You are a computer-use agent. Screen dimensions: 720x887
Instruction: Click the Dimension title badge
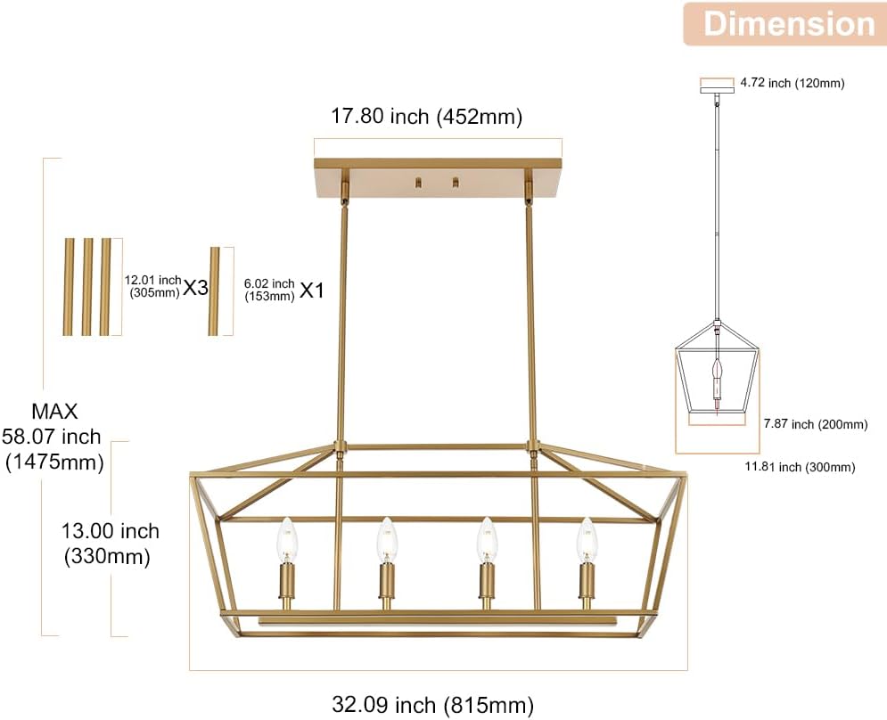click(x=789, y=24)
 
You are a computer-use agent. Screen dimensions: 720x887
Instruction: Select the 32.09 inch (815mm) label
click(x=432, y=705)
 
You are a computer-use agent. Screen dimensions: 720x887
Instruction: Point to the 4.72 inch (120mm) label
click(x=792, y=83)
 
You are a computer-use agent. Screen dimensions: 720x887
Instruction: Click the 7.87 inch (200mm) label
click(x=816, y=424)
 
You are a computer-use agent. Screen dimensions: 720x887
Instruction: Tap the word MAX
click(x=54, y=412)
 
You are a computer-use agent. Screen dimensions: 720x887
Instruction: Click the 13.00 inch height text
click(x=111, y=531)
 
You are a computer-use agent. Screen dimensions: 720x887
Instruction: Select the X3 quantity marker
click(x=196, y=288)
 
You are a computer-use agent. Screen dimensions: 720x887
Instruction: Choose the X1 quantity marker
click(x=311, y=290)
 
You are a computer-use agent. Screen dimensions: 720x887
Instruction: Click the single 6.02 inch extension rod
click(x=214, y=291)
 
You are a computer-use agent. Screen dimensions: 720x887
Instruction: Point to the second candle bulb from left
click(x=386, y=539)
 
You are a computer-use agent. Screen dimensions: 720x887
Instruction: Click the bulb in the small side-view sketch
click(x=718, y=371)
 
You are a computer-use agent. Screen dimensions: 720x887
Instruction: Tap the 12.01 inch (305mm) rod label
click(x=152, y=286)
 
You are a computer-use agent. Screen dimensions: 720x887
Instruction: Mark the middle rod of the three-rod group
click(x=86, y=286)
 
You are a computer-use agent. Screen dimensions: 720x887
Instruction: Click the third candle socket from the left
click(x=486, y=583)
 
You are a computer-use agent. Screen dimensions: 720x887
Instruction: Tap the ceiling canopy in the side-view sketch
click(x=717, y=85)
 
